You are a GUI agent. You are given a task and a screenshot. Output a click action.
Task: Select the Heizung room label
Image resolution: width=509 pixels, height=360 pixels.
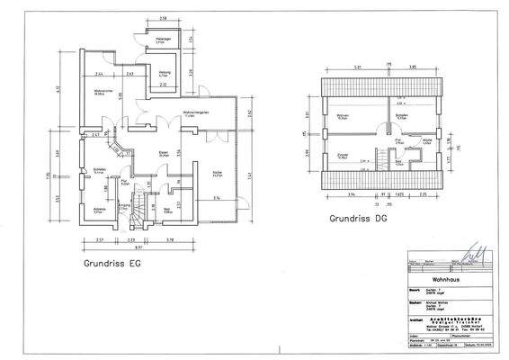click(165, 74)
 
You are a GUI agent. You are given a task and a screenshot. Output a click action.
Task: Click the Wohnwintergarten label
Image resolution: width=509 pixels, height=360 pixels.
click(196, 112)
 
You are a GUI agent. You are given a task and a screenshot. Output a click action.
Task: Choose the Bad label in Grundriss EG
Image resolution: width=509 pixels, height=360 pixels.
click(168, 210)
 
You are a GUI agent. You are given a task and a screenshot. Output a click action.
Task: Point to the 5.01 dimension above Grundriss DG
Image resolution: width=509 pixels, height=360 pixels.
click(357, 67)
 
